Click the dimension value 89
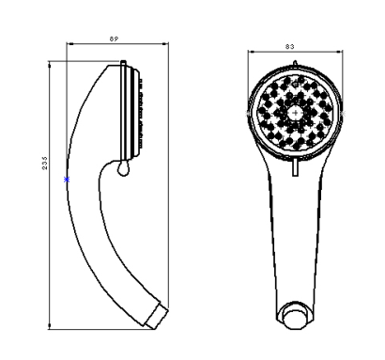coord(114,39)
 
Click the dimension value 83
coord(290,47)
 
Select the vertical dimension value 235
coord(44,164)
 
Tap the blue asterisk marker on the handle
coord(67,180)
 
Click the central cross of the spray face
coord(295,113)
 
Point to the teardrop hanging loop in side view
coord(123,168)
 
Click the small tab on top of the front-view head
coord(295,64)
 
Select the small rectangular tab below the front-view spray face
coord(295,167)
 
